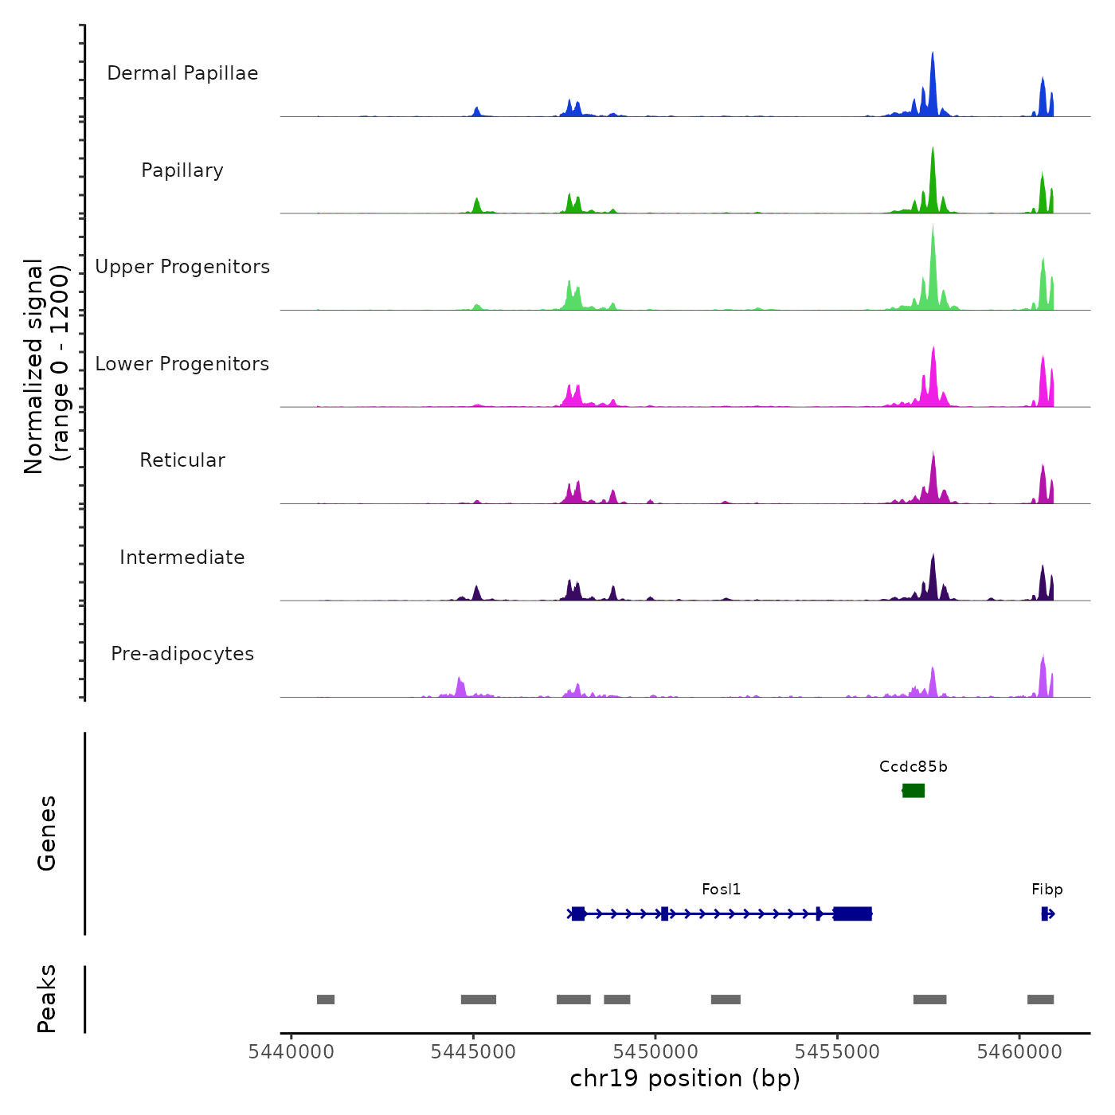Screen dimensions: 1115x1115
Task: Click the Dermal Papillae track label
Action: [x=182, y=73]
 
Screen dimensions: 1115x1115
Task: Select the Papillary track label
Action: [x=182, y=170]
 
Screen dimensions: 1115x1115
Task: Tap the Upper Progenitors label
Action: [x=182, y=267]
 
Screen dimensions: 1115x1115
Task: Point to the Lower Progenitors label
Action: [x=182, y=364]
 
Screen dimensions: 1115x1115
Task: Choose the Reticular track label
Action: [x=182, y=460]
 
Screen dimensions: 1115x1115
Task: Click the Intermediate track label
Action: [x=182, y=557]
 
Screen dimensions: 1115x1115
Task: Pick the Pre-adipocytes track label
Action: [x=182, y=654]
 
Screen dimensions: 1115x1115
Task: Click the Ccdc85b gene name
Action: [x=914, y=767]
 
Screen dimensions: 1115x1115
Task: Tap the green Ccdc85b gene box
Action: [x=914, y=790]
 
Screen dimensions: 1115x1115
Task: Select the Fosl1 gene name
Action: [x=721, y=890]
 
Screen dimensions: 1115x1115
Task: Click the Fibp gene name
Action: [x=1047, y=890]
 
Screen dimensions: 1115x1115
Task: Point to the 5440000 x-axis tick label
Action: [x=291, y=1052]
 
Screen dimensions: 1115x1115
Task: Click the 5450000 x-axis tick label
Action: [x=655, y=1052]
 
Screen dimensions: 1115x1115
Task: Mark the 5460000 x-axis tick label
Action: [x=1019, y=1052]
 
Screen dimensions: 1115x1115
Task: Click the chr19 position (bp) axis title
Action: [x=685, y=1078]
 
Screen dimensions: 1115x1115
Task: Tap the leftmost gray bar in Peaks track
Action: [x=326, y=1000]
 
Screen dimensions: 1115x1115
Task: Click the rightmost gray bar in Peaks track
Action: [x=1040, y=1000]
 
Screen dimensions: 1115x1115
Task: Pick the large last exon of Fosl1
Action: [x=852, y=914]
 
